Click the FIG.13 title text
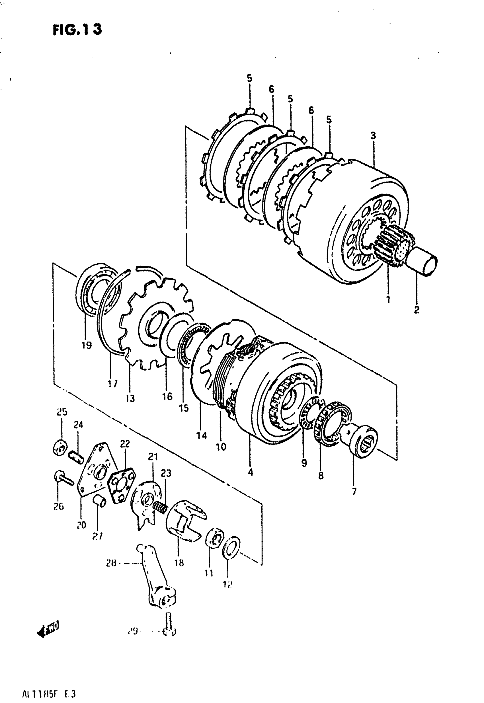tap(77, 30)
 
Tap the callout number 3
tap(373, 135)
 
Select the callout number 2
tap(417, 310)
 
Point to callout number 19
tap(87, 345)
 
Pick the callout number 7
tap(354, 491)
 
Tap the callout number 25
tap(62, 412)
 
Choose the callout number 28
tap(111, 564)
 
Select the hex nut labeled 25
tap(60, 448)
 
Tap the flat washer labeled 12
tap(232, 546)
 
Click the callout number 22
tap(125, 444)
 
